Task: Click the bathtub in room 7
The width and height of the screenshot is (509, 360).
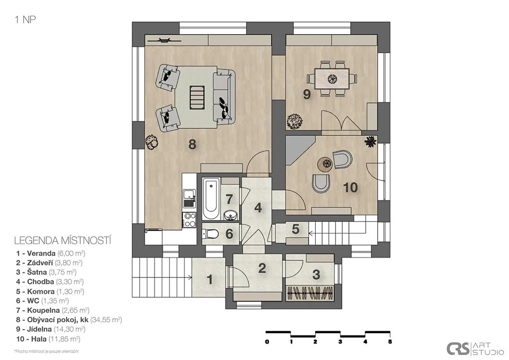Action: point(211,199)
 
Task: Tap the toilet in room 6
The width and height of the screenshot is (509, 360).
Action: point(211,233)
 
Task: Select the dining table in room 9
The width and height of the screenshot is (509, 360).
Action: point(333,79)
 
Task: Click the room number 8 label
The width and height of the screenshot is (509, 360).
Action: point(192,144)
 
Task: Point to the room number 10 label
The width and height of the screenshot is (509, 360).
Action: point(350,187)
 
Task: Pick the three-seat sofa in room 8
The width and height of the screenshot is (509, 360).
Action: point(223,97)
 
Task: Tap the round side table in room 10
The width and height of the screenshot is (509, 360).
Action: point(325,165)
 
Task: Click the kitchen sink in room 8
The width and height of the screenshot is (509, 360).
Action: point(189,198)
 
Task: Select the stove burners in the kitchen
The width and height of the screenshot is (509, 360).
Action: point(189,219)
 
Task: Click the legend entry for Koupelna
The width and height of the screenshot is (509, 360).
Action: point(53,310)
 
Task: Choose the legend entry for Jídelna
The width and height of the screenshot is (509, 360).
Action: point(51,329)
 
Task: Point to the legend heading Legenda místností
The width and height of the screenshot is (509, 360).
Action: point(63,241)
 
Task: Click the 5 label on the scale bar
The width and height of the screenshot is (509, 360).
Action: point(390,342)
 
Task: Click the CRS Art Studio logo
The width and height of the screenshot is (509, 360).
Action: point(475,349)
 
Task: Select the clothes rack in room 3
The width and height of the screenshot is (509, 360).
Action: point(310,293)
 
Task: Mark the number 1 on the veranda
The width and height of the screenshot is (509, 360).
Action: point(210,279)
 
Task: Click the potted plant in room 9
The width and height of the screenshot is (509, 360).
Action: point(294,121)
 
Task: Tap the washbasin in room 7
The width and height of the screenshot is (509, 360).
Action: point(231,215)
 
